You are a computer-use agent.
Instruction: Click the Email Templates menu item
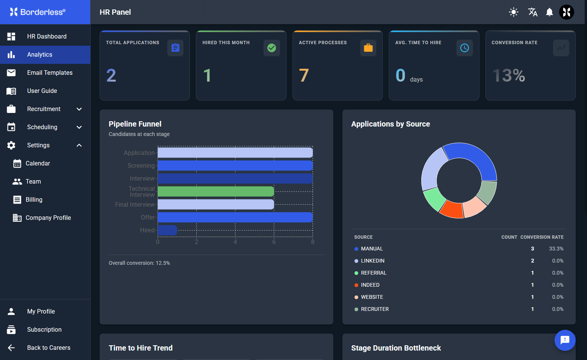45,73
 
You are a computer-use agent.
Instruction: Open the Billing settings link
34,199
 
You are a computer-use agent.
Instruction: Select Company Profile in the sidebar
48,218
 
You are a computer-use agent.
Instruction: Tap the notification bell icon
549,12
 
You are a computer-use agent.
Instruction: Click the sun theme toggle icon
513,12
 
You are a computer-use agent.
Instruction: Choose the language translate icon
533,12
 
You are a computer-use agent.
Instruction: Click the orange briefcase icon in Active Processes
368,48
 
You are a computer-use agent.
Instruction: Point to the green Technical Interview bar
216,192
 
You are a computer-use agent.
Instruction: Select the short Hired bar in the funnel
167,230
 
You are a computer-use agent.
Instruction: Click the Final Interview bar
216,204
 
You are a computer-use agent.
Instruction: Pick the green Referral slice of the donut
434,198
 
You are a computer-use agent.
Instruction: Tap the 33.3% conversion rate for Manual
556,249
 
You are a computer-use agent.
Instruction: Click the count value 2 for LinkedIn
532,261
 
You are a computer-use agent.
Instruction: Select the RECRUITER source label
375,309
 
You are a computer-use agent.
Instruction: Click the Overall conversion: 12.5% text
139,263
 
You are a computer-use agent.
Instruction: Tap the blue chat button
565,340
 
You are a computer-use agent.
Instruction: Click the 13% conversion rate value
508,76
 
